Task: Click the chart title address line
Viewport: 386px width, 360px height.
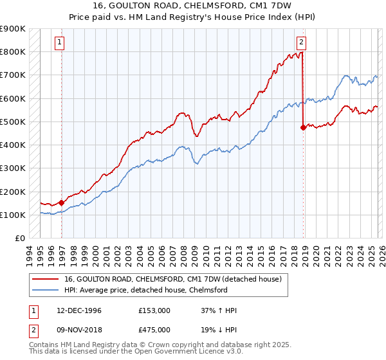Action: pos(192,6)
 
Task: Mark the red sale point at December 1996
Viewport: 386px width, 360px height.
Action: pos(62,203)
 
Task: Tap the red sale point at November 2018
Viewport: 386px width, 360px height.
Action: pos(303,128)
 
